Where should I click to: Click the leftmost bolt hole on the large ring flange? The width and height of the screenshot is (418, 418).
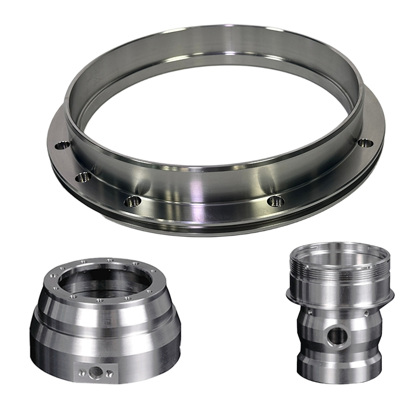[x=62, y=144]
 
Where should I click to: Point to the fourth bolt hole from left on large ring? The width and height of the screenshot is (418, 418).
[x=275, y=200]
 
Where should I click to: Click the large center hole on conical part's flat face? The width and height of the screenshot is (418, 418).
[x=95, y=373]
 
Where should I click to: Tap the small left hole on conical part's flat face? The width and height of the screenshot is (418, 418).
[x=81, y=372]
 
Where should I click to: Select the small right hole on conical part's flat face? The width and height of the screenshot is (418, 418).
[x=109, y=373]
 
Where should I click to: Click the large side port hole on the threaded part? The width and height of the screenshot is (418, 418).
[x=337, y=338]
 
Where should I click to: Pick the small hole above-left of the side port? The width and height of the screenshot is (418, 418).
[x=312, y=312]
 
